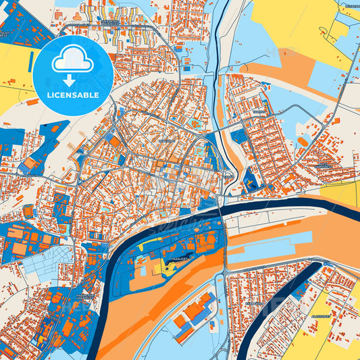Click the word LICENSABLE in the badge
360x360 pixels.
coord(73,95)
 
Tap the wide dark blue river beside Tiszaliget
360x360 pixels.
coord(118,270)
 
